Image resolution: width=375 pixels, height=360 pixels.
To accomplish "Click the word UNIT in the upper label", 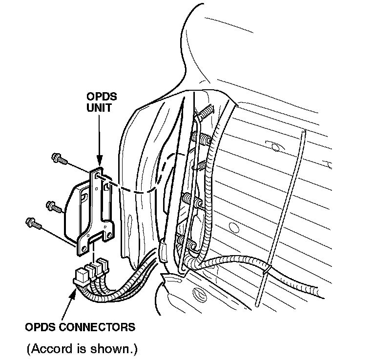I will tap(100, 108).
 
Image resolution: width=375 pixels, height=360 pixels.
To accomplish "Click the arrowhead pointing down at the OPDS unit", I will tap(100, 161).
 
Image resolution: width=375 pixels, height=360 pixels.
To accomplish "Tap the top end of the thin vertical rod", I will tap(303, 132).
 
